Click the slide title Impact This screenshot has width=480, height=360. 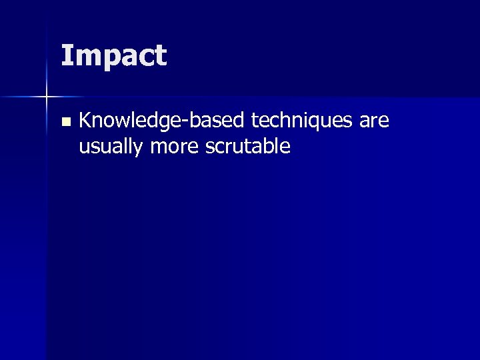113,56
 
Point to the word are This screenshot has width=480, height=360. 374,123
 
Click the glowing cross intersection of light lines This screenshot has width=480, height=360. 47,97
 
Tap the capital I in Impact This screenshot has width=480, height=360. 65,55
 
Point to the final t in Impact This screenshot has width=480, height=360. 161,56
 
